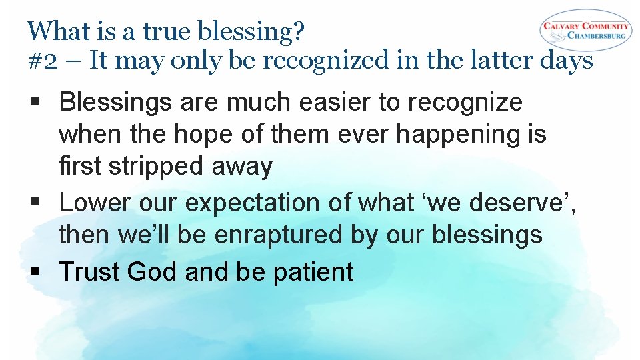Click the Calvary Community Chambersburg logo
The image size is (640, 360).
point(585,30)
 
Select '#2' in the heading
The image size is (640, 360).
point(41,61)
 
